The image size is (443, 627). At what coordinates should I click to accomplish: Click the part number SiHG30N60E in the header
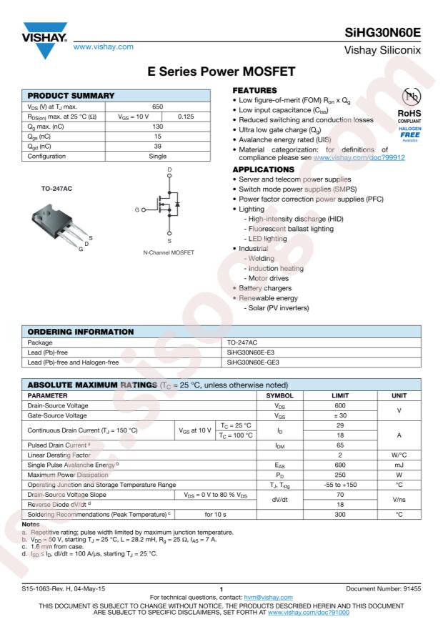[x=385, y=33]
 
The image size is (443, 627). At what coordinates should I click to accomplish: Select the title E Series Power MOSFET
[x=221, y=72]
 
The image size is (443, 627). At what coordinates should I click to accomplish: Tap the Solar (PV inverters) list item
[x=278, y=307]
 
